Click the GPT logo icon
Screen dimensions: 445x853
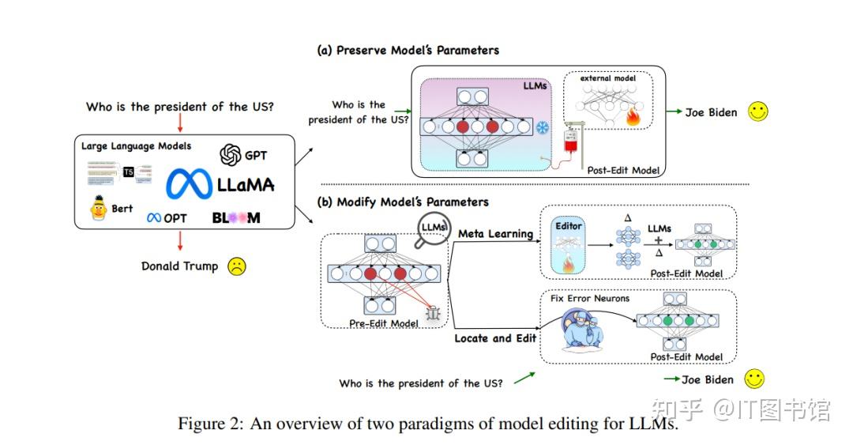tap(230, 156)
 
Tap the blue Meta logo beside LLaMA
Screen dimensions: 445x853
tap(188, 185)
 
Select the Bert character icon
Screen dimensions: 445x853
tap(98, 209)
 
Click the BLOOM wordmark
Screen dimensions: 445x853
tap(235, 217)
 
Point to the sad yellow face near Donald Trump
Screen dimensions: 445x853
tap(236, 266)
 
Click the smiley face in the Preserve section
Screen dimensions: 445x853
tap(758, 111)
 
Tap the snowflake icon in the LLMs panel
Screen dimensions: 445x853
tap(543, 128)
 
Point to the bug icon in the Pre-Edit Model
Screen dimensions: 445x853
tap(432, 313)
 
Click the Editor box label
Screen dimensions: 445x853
tap(569, 226)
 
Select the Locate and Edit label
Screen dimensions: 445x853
tap(495, 338)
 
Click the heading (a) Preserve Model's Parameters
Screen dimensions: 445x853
tap(408, 50)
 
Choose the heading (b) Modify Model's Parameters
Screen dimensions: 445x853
tap(403, 202)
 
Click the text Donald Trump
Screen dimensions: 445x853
tap(179, 266)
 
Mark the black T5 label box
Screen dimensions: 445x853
tap(129, 172)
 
